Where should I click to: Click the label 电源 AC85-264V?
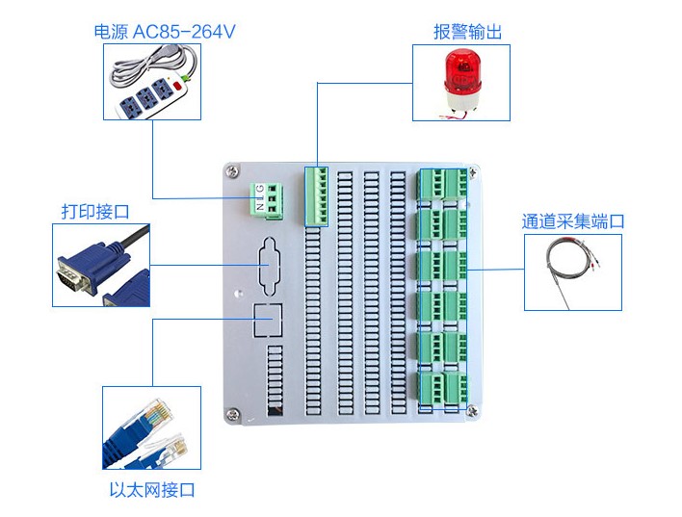coord(165,32)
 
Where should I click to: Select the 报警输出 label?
coord(467,32)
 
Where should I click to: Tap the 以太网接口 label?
coord(152,490)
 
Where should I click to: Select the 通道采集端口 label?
coord(573,221)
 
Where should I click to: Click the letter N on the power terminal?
coord(259,204)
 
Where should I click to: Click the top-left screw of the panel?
coord(231,171)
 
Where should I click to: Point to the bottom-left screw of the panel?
coord(232,415)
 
